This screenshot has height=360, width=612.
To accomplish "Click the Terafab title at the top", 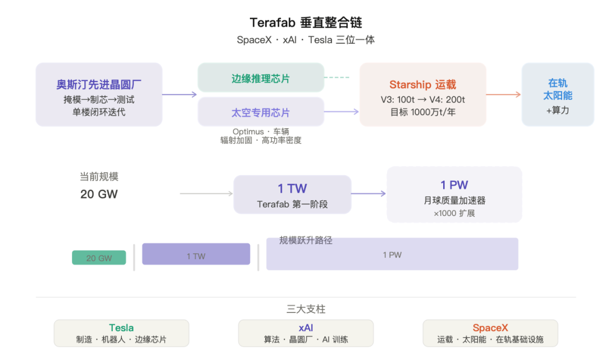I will (306, 23).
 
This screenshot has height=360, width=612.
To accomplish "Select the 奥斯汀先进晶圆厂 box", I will (99, 94).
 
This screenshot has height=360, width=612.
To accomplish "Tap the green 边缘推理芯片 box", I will (261, 78).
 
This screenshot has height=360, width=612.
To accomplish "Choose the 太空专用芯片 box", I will (261, 112).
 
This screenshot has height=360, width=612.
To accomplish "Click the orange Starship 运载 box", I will (423, 94).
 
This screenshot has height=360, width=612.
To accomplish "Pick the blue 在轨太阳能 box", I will (558, 94).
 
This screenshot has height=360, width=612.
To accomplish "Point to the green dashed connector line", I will (339, 78).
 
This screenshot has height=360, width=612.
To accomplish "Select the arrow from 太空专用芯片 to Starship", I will (342, 112).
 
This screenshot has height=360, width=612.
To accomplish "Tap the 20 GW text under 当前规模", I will (99, 194).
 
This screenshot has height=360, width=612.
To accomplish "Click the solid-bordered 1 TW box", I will (292, 194).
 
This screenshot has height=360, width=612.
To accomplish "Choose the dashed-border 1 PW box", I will (454, 194).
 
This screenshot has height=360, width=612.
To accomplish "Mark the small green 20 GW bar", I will (99, 257).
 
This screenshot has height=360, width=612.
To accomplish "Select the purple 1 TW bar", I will (195, 254).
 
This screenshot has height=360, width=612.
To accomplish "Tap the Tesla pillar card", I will (121, 333).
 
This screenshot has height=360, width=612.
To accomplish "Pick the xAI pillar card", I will (305, 333).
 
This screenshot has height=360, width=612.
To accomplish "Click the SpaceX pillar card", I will (490, 333).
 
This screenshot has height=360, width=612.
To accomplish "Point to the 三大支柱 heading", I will (305, 309).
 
